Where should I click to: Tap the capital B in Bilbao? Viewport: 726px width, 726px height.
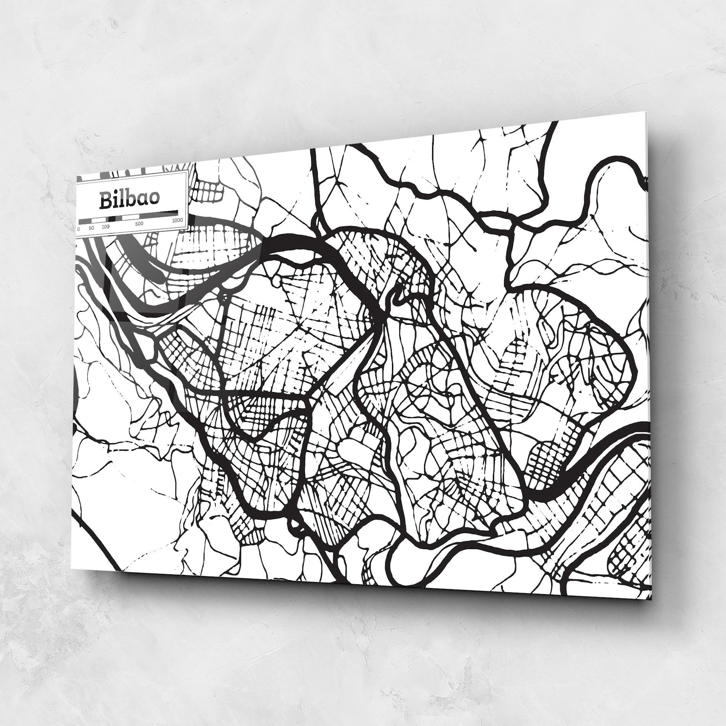105,201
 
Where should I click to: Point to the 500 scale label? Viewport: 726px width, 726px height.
139,224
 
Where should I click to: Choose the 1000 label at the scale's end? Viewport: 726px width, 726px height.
177,220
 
